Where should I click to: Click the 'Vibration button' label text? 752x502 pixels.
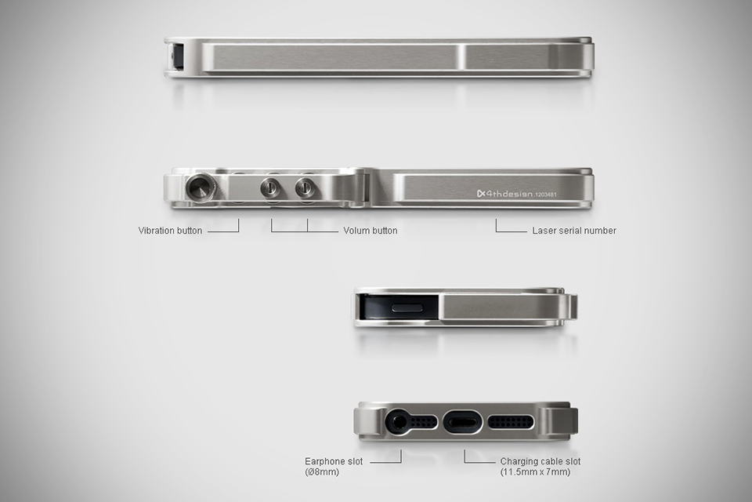170,231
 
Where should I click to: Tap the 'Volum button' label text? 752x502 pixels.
371,231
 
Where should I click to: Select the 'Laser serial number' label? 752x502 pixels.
574,231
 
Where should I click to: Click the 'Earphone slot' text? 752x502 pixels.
334,461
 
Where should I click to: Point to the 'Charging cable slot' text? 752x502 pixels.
540,461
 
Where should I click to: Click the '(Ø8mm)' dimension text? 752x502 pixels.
322,471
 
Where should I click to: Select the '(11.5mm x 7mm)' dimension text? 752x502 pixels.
535,471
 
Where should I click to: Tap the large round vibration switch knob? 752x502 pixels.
201,187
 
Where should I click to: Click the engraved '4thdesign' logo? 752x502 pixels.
504,194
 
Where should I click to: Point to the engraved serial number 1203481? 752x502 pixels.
546,195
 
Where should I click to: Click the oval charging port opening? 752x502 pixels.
461,423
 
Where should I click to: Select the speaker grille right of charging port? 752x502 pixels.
511,423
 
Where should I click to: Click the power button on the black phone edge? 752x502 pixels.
407,308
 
